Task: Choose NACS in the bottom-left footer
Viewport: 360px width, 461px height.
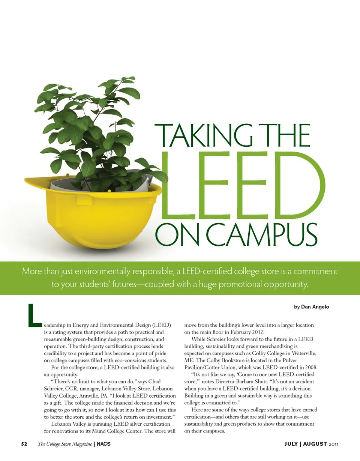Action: point(103,444)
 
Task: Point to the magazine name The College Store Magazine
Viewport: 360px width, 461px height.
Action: point(64,444)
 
